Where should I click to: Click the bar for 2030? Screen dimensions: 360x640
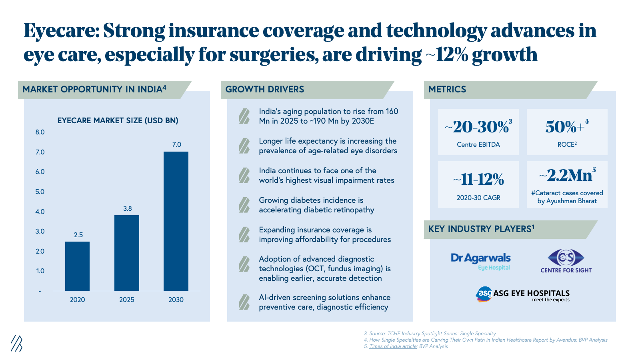(x=176, y=221)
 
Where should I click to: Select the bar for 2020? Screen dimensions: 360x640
(x=77, y=266)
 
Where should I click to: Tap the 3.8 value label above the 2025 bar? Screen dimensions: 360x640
(x=127, y=208)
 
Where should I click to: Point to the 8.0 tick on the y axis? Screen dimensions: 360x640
(x=40, y=132)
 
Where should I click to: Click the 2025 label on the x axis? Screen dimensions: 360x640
(x=127, y=300)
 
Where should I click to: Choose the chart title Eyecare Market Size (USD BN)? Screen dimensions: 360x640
(x=118, y=120)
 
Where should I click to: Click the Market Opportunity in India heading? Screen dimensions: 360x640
(x=94, y=89)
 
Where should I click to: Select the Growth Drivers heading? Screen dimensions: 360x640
(x=265, y=89)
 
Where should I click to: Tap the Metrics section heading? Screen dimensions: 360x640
(x=447, y=89)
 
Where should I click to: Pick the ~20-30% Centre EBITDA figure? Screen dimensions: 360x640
(x=478, y=127)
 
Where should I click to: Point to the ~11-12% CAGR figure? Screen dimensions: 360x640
(x=478, y=180)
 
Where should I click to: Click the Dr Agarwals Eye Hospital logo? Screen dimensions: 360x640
(x=481, y=261)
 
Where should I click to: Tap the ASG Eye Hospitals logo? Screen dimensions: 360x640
(x=523, y=294)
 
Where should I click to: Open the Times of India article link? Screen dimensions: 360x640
(x=393, y=346)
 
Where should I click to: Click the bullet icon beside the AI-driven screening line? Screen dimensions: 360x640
(x=244, y=302)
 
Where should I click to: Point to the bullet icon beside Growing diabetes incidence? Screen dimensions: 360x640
(x=244, y=205)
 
